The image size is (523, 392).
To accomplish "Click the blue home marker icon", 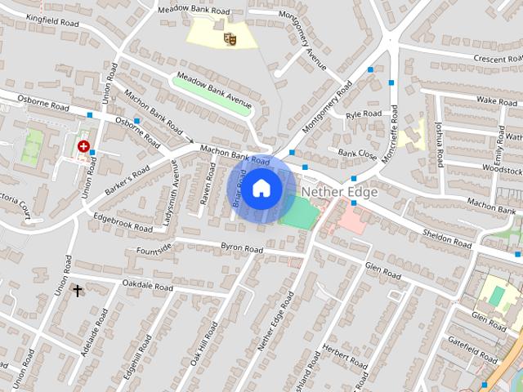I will pos(261,189).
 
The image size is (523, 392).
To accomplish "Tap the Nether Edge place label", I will pos(339,192).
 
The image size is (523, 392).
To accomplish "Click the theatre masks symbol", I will pos(230,38).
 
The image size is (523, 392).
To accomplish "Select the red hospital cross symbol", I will pos(83,146).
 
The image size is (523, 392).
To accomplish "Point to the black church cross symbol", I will pos(78,290).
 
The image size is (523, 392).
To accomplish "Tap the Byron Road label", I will pos(242,247).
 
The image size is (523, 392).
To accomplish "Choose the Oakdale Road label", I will pos(147,286).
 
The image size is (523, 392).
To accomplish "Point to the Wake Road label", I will pos(497,100).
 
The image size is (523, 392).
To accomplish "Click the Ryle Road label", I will pos(364,114).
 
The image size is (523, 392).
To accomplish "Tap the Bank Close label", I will pos(357,153).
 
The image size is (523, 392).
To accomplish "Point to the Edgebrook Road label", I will pos(123,223).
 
